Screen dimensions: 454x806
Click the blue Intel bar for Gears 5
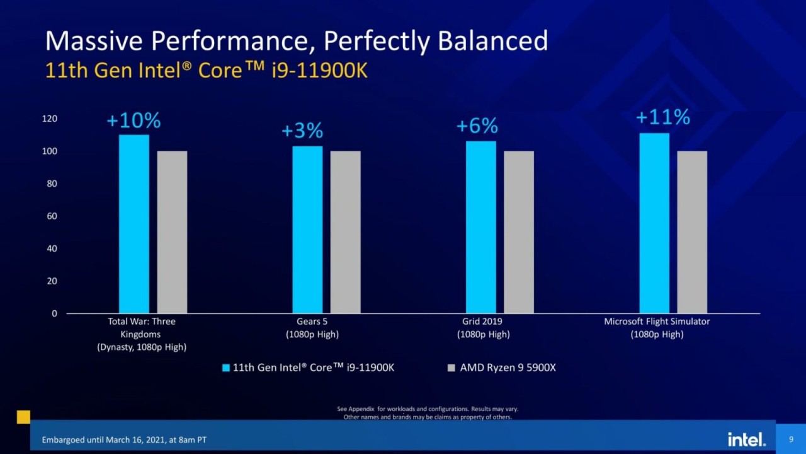click(x=307, y=230)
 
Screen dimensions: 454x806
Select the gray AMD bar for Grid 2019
click(x=519, y=232)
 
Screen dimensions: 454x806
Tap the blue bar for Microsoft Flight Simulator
click(x=654, y=223)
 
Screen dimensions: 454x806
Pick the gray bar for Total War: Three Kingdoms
click(x=172, y=232)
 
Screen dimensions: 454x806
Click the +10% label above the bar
click(x=133, y=120)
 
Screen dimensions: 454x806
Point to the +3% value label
click(x=302, y=131)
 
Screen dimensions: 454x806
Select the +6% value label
click(x=477, y=126)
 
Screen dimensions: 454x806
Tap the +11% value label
click(x=662, y=117)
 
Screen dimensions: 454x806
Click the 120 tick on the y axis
click(x=50, y=119)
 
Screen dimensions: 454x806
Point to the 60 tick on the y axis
click(x=52, y=216)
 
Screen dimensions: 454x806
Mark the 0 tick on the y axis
click(x=54, y=313)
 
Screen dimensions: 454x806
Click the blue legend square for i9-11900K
click(x=226, y=368)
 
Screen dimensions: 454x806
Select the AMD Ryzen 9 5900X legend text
click(x=508, y=368)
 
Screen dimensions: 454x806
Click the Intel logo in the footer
click(x=746, y=439)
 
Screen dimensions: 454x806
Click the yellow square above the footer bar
click(x=23, y=417)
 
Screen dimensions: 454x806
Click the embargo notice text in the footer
click(x=123, y=439)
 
